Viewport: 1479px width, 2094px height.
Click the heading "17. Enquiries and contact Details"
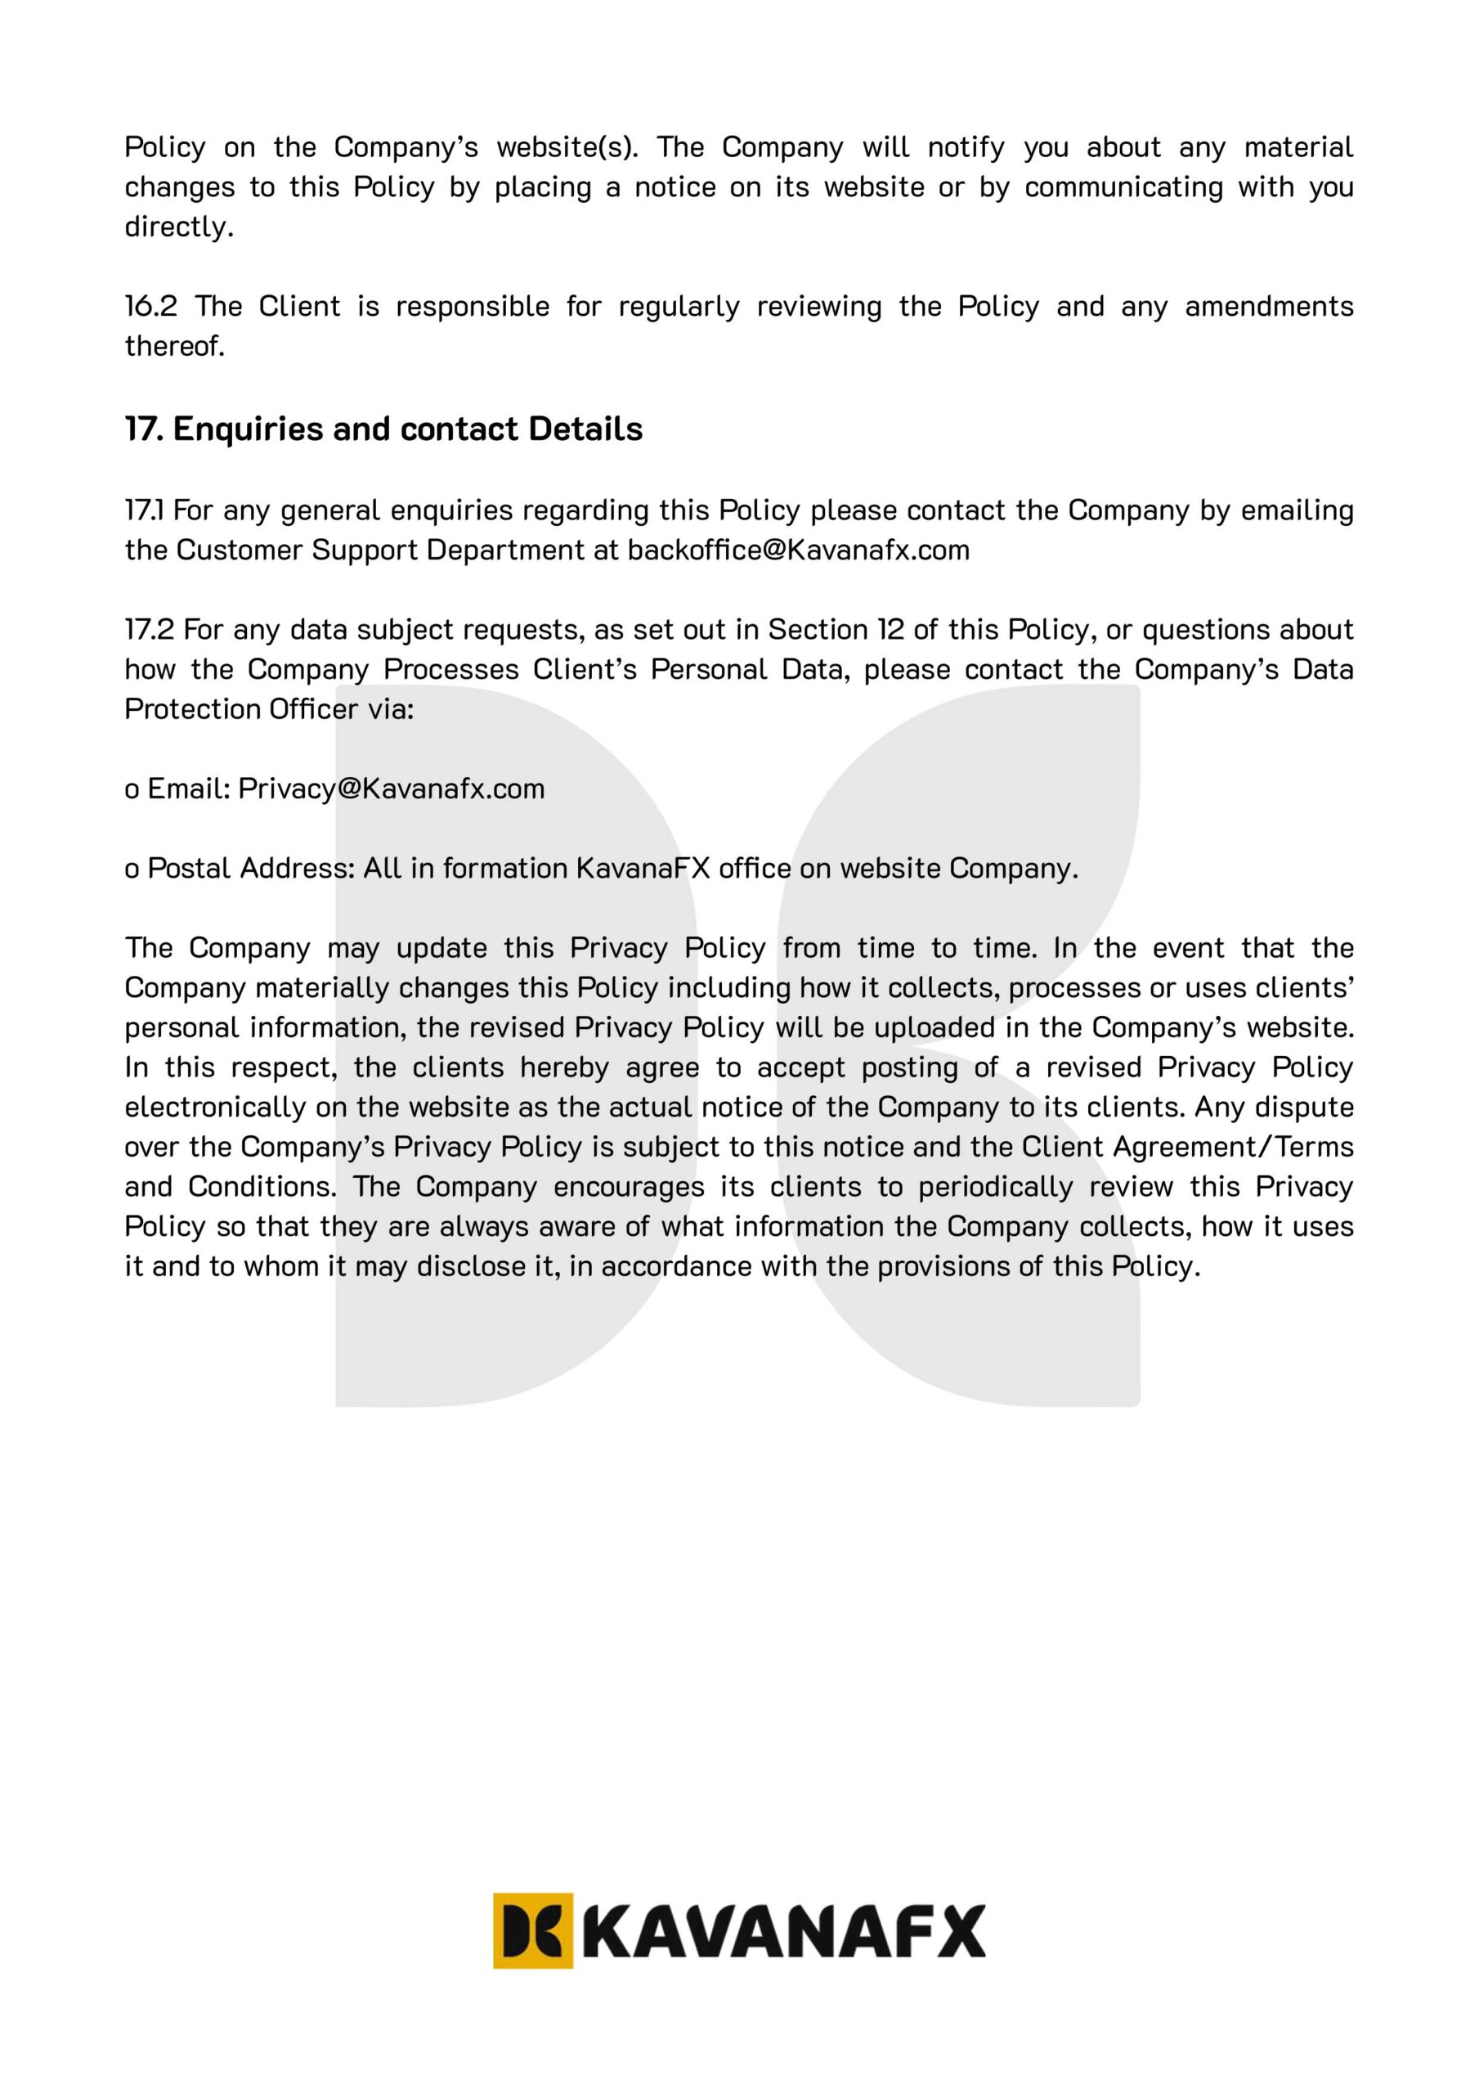[384, 429]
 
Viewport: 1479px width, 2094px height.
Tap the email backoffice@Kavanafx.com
[799, 550]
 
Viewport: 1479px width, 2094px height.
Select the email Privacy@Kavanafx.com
[391, 789]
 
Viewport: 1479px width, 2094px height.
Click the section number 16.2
[150, 307]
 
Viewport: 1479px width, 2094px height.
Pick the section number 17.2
[150, 630]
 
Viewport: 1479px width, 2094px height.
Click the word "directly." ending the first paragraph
[179, 227]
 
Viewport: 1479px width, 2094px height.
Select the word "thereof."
[174, 347]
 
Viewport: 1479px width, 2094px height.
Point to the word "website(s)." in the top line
[567, 147]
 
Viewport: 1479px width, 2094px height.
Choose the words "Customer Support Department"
[380, 550]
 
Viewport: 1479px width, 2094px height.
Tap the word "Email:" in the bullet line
[189, 789]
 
